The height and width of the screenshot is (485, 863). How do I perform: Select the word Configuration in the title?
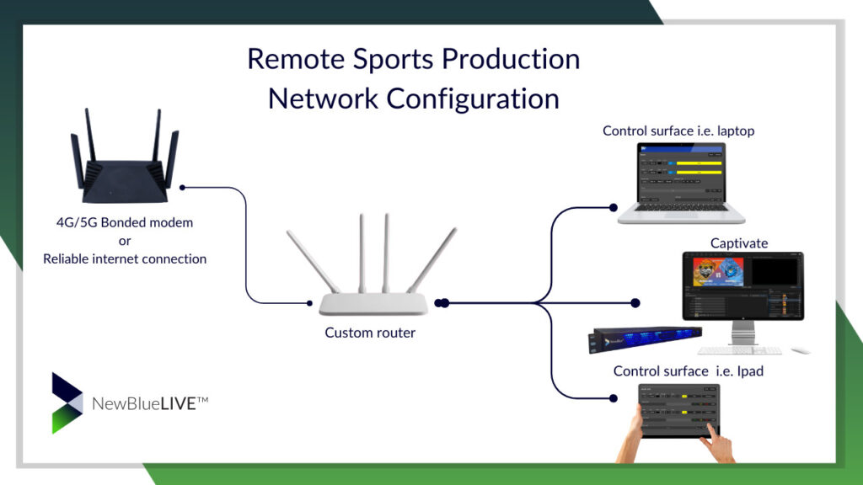(x=473, y=98)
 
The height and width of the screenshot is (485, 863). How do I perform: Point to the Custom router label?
(x=370, y=333)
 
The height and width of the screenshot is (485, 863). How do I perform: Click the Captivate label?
(x=739, y=243)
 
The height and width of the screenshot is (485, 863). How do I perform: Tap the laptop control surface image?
(x=682, y=181)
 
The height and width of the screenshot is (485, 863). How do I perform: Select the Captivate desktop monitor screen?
(x=742, y=285)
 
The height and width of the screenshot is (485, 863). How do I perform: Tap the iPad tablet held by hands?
(x=679, y=411)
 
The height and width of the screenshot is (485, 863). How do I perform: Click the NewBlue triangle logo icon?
(x=67, y=403)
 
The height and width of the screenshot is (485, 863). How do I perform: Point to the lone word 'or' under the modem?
(x=125, y=241)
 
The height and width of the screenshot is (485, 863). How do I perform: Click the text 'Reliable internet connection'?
(x=125, y=258)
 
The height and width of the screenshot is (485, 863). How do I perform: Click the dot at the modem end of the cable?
(x=183, y=187)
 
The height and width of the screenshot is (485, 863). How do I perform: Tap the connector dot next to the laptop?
(x=613, y=205)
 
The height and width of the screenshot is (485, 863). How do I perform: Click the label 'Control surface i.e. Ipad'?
(x=688, y=371)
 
